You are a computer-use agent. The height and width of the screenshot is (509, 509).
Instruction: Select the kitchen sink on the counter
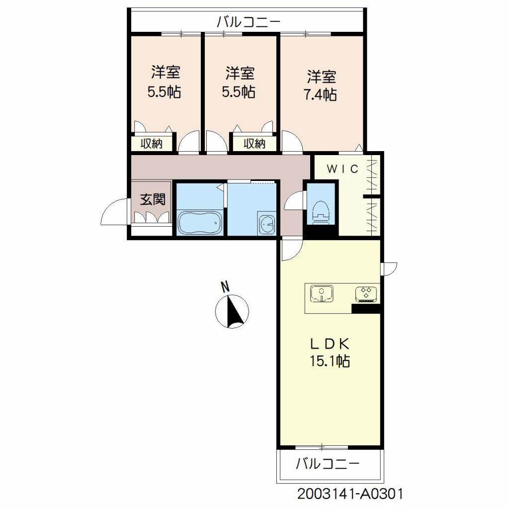coord(322,293)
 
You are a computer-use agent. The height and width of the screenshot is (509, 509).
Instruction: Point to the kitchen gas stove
coord(366,293)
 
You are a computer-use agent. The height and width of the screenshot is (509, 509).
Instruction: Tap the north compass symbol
coord(232,311)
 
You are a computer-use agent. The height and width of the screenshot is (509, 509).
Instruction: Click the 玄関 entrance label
coord(153,199)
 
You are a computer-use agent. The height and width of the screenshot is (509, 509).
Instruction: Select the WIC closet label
coord(342,169)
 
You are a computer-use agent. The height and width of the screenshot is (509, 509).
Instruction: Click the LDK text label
coord(330,344)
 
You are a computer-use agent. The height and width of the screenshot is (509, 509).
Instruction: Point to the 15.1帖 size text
coord(330,361)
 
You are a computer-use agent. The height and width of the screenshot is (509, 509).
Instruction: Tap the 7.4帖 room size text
coord(320,94)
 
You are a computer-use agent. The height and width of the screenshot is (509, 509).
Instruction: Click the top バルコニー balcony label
coord(249,22)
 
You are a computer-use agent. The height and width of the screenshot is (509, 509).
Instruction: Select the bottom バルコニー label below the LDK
coord(328,464)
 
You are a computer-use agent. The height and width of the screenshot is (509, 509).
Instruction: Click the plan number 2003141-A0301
coord(350,494)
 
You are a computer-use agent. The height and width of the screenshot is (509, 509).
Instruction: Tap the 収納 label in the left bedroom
coord(152,143)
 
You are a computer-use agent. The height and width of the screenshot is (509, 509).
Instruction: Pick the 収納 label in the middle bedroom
coord(254,143)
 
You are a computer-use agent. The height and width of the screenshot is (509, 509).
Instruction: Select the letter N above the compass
coord(225,287)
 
